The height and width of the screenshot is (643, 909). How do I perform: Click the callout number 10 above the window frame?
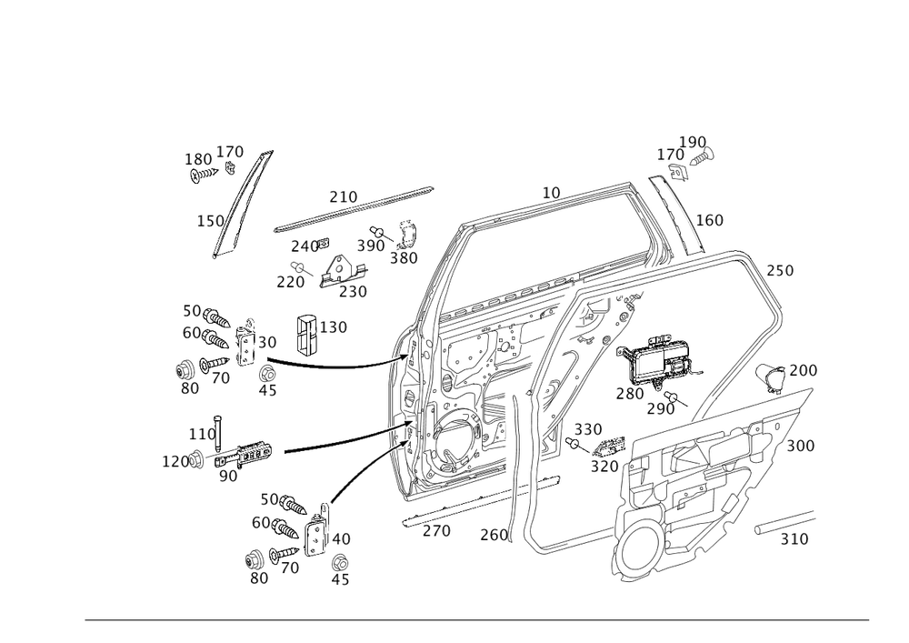[551, 192]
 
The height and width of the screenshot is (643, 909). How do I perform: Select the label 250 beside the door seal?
[780, 271]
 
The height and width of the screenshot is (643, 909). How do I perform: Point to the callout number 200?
[803, 371]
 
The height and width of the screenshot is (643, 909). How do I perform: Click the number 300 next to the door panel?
[800, 447]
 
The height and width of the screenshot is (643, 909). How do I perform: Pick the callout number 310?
[794, 540]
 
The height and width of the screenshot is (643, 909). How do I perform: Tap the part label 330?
[588, 428]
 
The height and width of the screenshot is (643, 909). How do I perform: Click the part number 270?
[437, 531]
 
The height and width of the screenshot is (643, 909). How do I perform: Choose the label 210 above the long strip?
[344, 196]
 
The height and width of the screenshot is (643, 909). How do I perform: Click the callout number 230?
[352, 291]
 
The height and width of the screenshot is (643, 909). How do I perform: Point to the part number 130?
[335, 327]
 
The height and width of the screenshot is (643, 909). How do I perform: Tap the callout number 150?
[210, 221]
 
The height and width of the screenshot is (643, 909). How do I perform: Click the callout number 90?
[227, 475]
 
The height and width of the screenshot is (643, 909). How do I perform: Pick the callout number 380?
[403, 257]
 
